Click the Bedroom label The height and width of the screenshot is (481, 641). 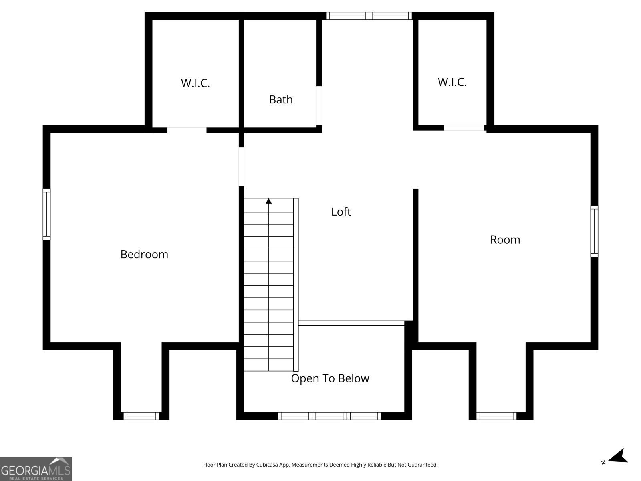click(x=144, y=254)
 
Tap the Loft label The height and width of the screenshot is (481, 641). click(x=341, y=212)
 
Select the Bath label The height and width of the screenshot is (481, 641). click(x=281, y=99)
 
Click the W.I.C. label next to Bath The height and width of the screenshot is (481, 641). click(x=196, y=83)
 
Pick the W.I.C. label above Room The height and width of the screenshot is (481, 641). click(x=452, y=82)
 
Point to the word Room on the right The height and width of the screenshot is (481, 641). click(x=505, y=240)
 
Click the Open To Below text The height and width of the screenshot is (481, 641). click(x=330, y=378)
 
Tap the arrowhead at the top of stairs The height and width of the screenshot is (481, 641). click(x=269, y=201)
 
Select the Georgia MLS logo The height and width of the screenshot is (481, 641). click(x=36, y=469)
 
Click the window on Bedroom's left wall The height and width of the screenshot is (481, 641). click(x=47, y=214)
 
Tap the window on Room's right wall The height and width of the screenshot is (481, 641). click(x=594, y=231)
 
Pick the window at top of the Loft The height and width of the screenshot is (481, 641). click(x=369, y=16)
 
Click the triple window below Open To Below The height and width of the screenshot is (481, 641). click(x=329, y=416)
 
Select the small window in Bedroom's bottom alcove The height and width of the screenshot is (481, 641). click(x=141, y=416)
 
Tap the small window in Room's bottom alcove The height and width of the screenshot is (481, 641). click(x=496, y=416)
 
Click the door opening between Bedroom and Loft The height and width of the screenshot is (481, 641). click(x=242, y=166)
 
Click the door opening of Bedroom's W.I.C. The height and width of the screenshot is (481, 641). click(x=187, y=130)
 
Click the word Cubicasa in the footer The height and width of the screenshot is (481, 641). click(x=270, y=465)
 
